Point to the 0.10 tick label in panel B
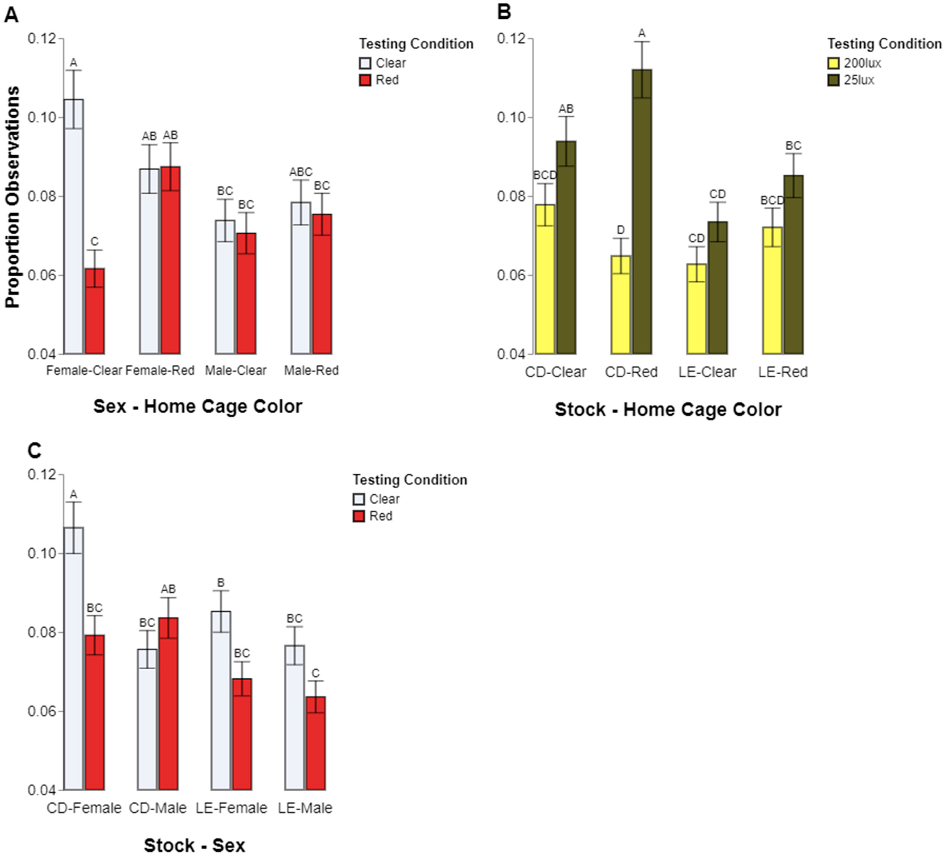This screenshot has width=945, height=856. pyautogui.click(x=511, y=117)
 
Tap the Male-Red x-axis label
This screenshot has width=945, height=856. pyautogui.click(x=311, y=370)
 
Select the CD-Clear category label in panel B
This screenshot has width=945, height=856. pyautogui.click(x=555, y=372)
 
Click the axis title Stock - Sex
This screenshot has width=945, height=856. pyautogui.click(x=195, y=845)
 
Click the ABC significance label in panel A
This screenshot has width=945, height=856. pyautogui.click(x=300, y=172)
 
